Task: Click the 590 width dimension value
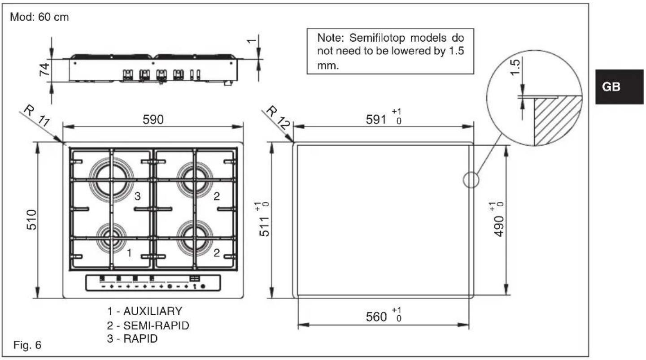click(x=153, y=120)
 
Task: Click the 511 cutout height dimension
click(x=264, y=224)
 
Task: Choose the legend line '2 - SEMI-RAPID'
click(x=148, y=325)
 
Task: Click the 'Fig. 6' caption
click(x=28, y=345)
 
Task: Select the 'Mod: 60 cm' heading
click(x=39, y=18)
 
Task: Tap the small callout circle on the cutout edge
click(x=470, y=180)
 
